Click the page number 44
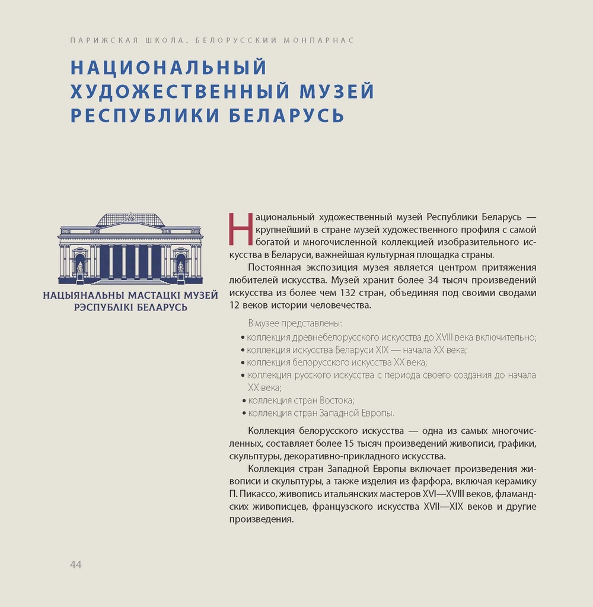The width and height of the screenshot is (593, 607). (x=75, y=564)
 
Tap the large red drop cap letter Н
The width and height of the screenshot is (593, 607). (x=240, y=229)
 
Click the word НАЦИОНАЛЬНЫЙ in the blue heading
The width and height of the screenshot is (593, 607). (x=168, y=67)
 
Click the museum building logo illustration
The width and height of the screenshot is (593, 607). (x=130, y=249)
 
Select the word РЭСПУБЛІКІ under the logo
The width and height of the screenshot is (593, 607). (x=103, y=307)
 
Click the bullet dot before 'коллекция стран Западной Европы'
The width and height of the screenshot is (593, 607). (x=244, y=414)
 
